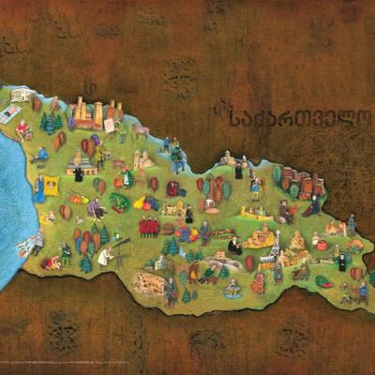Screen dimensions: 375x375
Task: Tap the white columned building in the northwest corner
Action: tap(21, 94)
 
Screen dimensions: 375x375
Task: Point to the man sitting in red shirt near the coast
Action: tap(41, 153)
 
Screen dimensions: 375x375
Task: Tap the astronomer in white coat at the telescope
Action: tap(105, 253)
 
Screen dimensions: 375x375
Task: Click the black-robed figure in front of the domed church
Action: tap(79, 172)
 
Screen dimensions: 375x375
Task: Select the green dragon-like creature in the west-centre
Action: tap(119, 202)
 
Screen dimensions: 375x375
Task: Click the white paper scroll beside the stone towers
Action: tap(109, 125)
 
